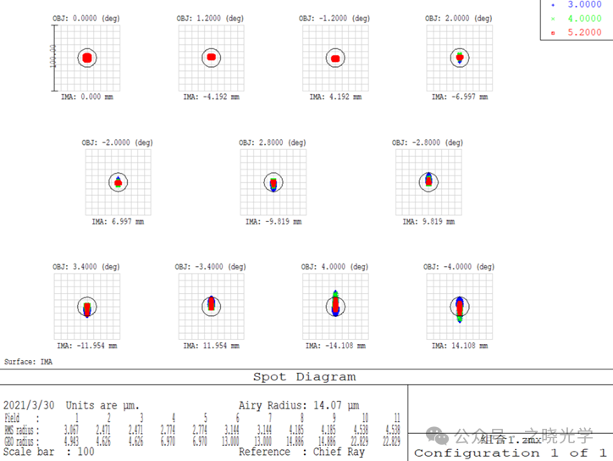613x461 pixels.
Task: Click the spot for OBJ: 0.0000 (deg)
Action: (x=88, y=58)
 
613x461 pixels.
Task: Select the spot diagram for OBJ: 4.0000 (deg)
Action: (x=335, y=304)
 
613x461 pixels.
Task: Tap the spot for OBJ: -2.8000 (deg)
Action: (x=428, y=180)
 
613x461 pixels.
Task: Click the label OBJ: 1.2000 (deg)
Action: (x=211, y=18)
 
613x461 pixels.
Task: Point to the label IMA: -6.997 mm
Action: (x=460, y=97)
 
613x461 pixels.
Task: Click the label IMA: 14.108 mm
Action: (x=460, y=346)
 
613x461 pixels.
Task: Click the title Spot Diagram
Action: (x=305, y=377)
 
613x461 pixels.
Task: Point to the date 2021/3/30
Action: (x=30, y=406)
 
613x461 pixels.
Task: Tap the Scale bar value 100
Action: (x=86, y=453)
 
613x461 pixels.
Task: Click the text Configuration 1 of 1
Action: (x=510, y=453)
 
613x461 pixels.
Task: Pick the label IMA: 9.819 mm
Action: (x=428, y=221)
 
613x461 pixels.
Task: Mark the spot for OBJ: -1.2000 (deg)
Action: (x=336, y=58)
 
